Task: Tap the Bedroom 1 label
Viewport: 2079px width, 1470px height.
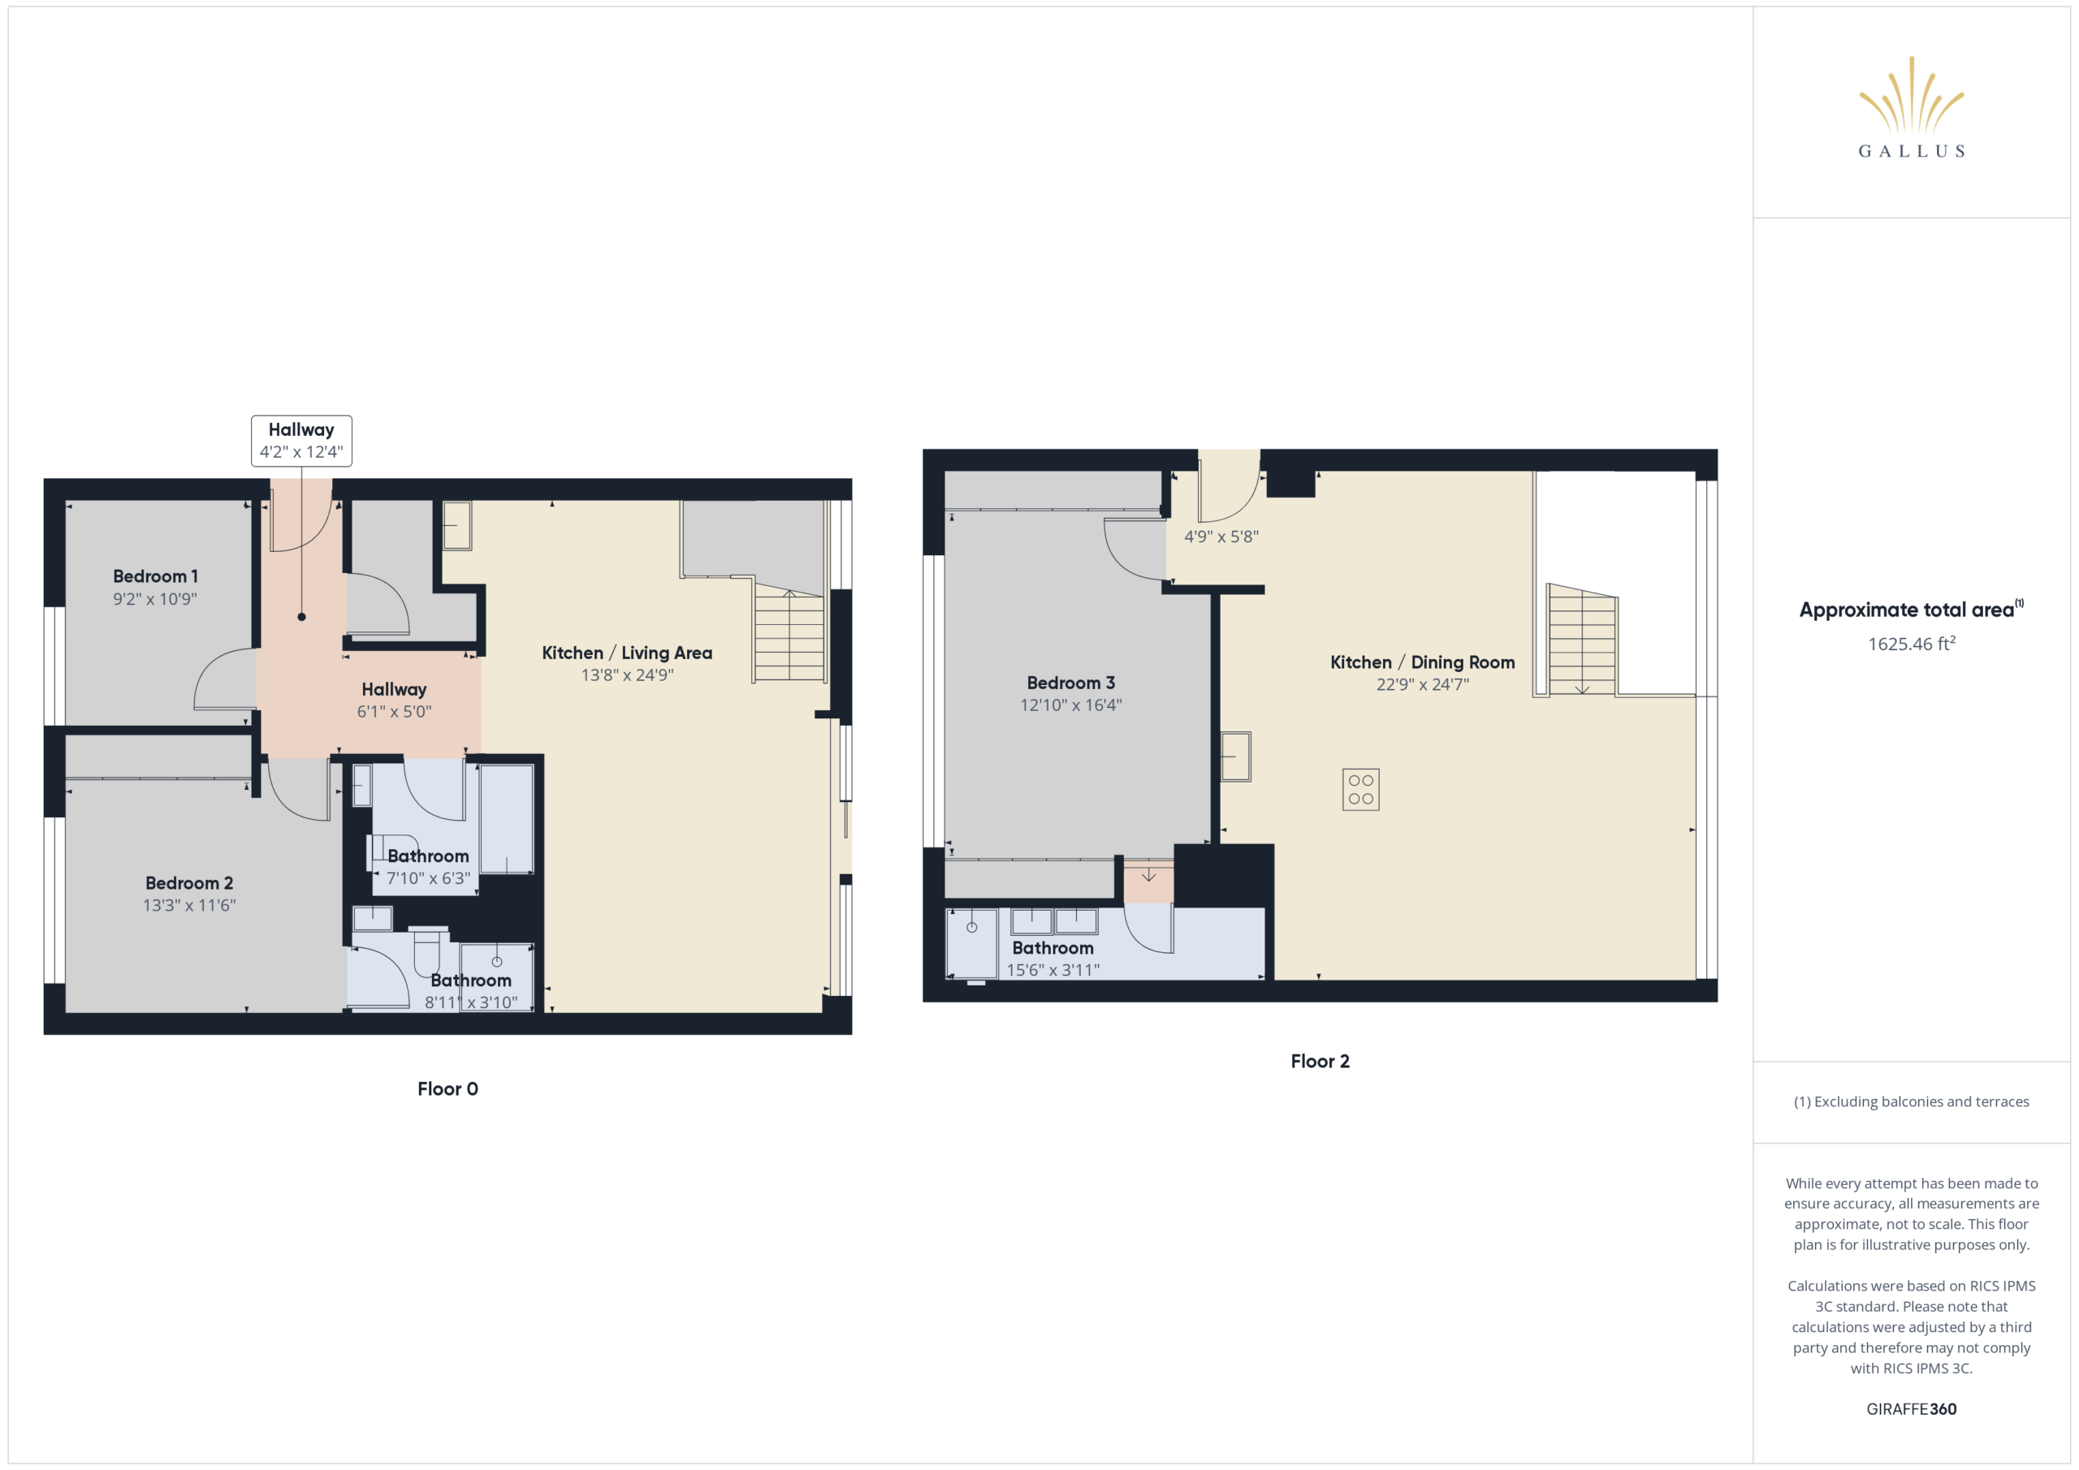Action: pyautogui.click(x=155, y=576)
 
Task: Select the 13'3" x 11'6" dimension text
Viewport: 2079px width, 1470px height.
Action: pyautogui.click(x=189, y=905)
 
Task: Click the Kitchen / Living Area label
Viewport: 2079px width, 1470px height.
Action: pyautogui.click(x=627, y=653)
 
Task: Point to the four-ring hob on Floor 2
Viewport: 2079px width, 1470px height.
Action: pyautogui.click(x=1361, y=789)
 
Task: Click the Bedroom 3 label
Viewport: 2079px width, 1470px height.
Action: pyautogui.click(x=1070, y=683)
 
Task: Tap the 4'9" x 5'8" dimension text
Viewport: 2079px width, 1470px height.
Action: pyautogui.click(x=1221, y=537)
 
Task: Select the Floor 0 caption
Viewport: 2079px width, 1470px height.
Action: pyautogui.click(x=447, y=1089)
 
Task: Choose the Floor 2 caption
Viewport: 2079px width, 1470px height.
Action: pyautogui.click(x=1320, y=1061)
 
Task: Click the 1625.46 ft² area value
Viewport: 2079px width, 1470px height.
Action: pyautogui.click(x=1912, y=644)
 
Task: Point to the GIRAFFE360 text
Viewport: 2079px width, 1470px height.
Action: pyautogui.click(x=1912, y=1408)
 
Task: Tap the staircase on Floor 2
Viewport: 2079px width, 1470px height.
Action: pyautogui.click(x=1582, y=640)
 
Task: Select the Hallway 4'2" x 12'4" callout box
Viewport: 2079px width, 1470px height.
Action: pyautogui.click(x=301, y=441)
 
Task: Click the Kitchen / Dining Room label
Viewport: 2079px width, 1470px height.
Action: pyautogui.click(x=1423, y=662)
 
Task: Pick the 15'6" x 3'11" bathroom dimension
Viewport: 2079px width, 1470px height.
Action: pyautogui.click(x=1053, y=970)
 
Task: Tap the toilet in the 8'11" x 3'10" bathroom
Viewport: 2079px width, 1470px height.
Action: pyautogui.click(x=427, y=951)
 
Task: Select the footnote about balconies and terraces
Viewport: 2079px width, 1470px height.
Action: pyautogui.click(x=1912, y=1101)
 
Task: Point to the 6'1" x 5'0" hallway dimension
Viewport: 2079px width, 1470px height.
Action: pyautogui.click(x=394, y=712)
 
